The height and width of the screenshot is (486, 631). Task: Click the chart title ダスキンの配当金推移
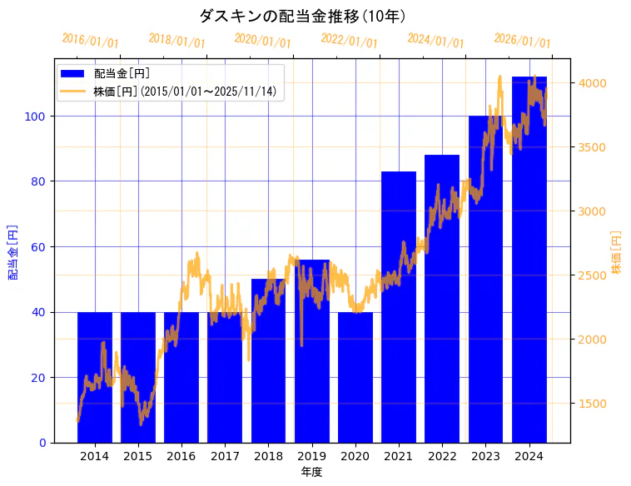(302, 16)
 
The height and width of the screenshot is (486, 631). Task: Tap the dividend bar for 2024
(529, 259)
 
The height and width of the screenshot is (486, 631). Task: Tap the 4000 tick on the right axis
(594, 83)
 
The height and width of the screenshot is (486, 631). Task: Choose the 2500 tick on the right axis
(594, 275)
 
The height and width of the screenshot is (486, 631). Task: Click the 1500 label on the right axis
(594, 404)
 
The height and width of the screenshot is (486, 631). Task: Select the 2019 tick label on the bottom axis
(311, 456)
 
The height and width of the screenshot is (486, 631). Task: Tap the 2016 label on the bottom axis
(181, 456)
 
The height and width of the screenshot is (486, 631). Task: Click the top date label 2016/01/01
(91, 41)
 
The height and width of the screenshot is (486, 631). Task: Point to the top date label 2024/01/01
(435, 41)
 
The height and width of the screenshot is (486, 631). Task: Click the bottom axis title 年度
(311, 472)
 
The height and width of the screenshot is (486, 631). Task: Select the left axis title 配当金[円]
(13, 251)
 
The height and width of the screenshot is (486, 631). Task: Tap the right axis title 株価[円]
(617, 252)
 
